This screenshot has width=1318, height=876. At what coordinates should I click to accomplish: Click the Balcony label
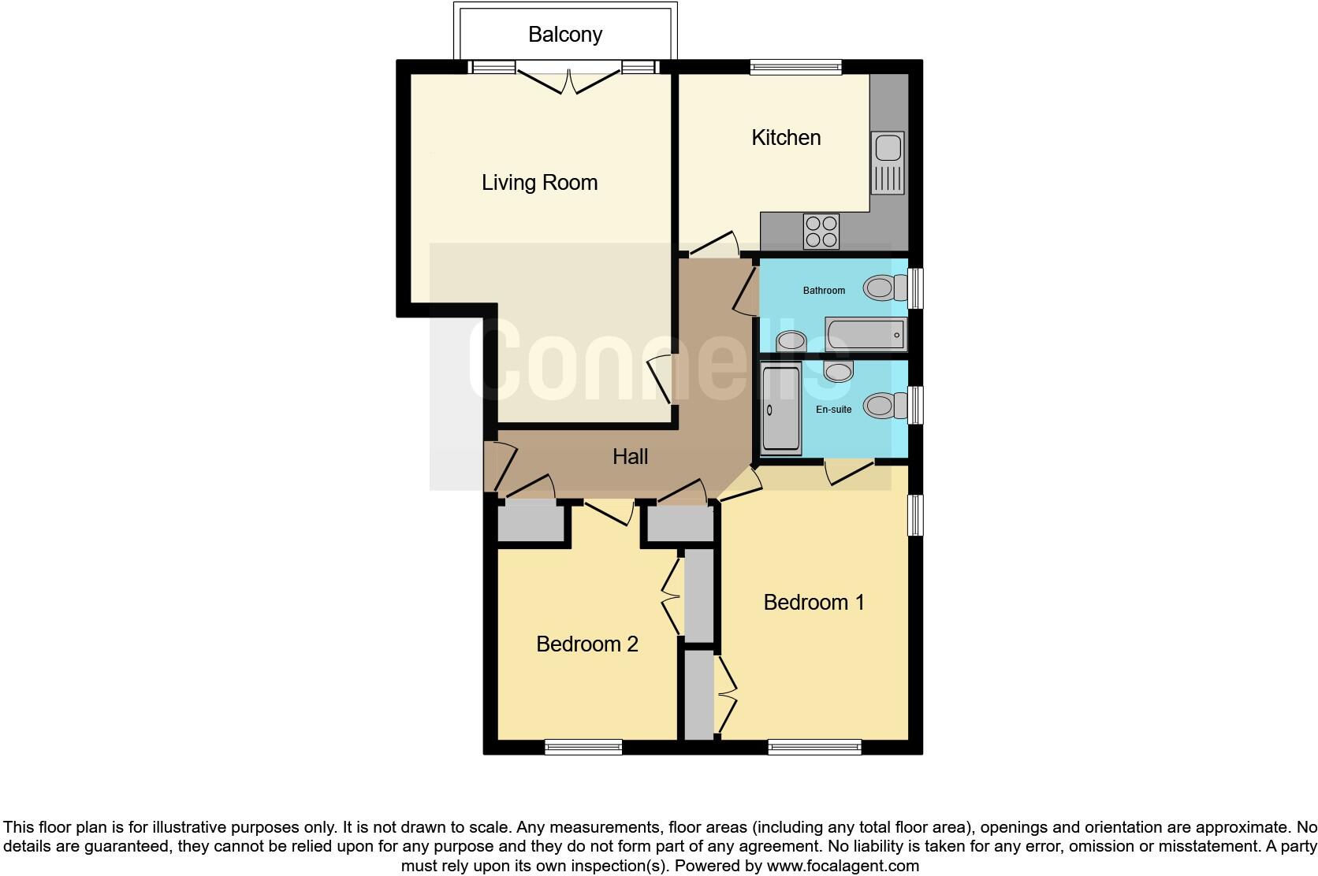coord(565,35)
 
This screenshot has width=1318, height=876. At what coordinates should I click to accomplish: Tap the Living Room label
coord(539,183)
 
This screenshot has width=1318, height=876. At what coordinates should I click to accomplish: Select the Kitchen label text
coord(786,138)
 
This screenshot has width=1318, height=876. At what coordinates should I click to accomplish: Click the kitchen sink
coord(888,162)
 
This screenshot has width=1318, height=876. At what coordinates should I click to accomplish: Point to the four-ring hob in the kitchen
coord(821,232)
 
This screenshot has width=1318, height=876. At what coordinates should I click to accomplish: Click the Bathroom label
coord(824,291)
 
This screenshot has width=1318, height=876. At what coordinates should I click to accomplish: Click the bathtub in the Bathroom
coord(865,336)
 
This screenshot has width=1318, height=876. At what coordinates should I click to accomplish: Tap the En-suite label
coord(833,410)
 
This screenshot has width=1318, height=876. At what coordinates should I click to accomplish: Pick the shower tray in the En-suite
coord(781,408)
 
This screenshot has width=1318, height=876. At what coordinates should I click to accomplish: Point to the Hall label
coord(631,457)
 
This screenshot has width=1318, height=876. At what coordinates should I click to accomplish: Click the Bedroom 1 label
coord(814,603)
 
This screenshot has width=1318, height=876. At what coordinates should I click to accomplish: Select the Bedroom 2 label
coord(586,644)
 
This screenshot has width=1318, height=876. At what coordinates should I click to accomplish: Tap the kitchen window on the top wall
coord(795,68)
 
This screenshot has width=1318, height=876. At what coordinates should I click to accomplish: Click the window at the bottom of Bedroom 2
coord(583,747)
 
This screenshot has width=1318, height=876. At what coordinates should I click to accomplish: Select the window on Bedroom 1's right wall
coord(914,514)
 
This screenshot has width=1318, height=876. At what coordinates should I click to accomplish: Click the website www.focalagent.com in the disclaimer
coord(843,866)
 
